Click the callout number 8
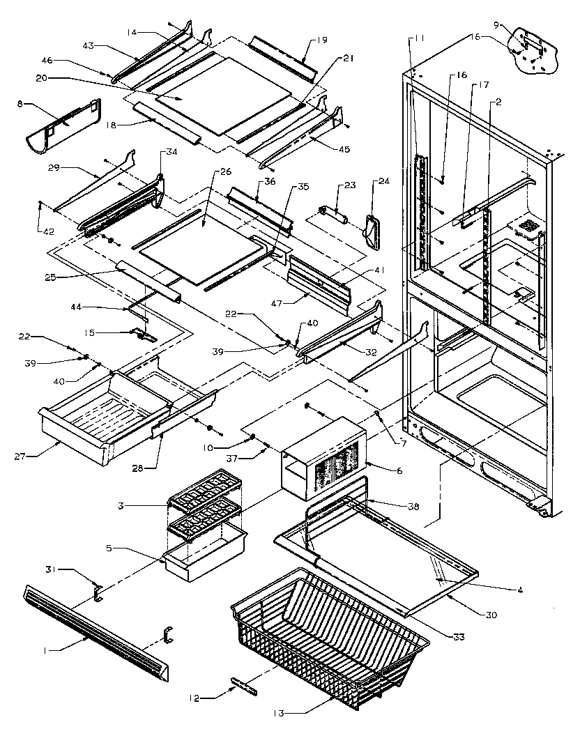pos(20,103)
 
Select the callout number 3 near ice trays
pos(142,504)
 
